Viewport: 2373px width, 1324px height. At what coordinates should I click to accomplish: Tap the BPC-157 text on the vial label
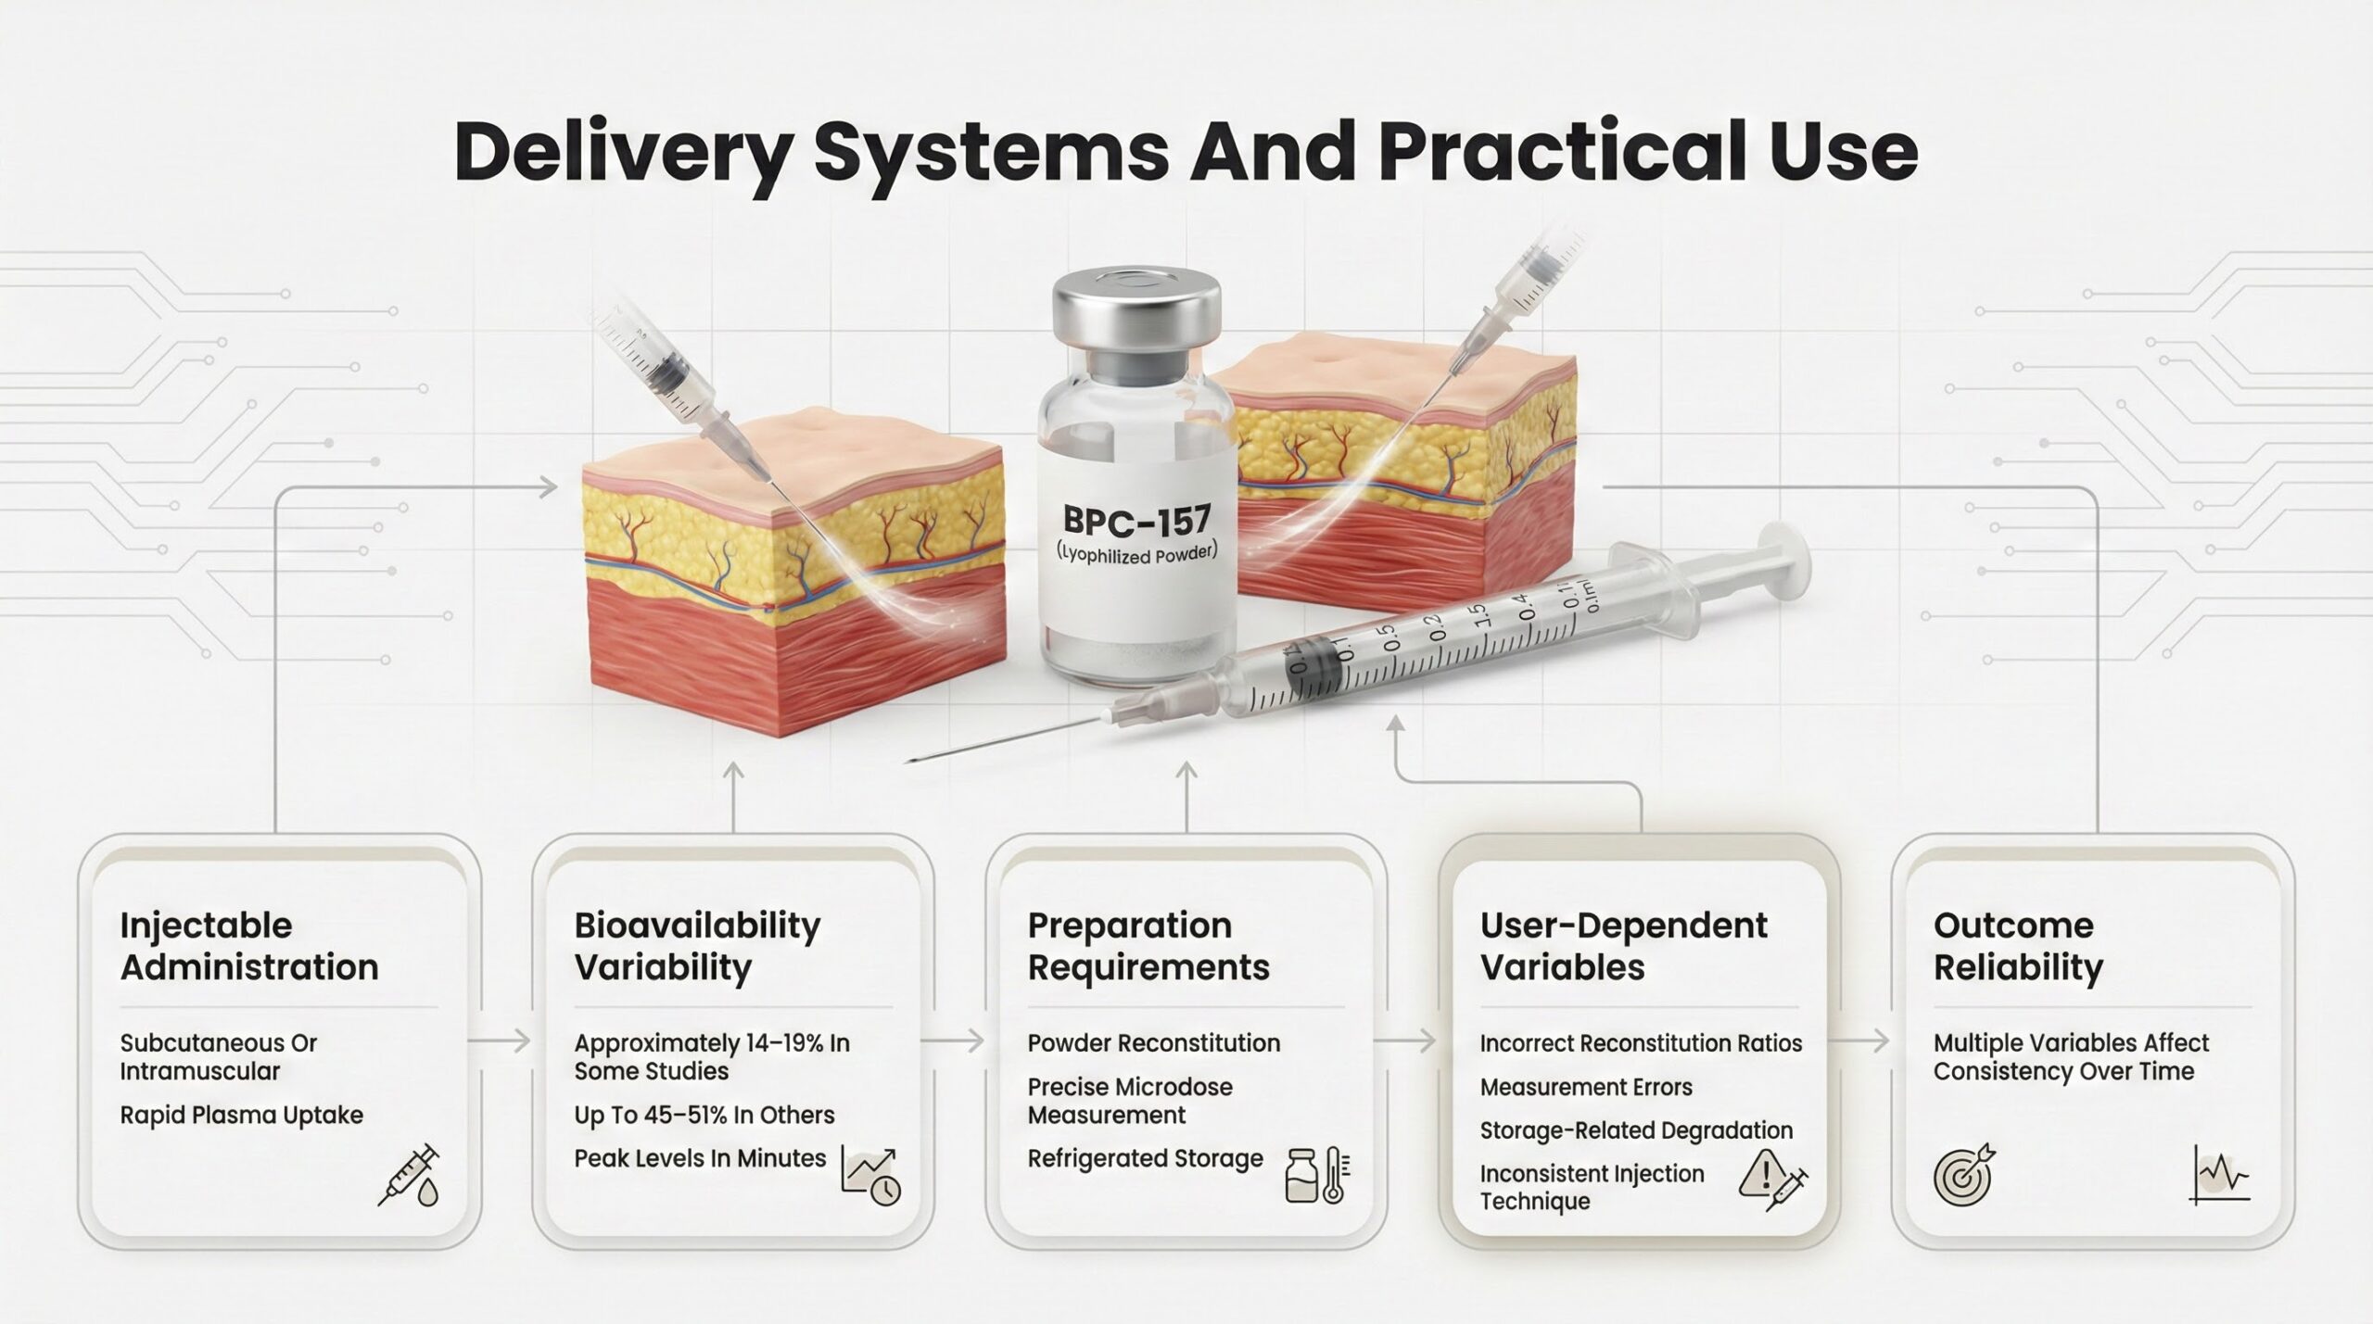[1137, 521]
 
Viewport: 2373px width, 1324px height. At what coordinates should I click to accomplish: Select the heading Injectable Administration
[249, 946]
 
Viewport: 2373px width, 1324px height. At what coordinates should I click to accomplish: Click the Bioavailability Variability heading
[697, 946]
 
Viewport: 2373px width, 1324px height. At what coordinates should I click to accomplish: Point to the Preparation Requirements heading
[1148, 946]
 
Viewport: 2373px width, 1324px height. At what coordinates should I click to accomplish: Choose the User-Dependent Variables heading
[1624, 946]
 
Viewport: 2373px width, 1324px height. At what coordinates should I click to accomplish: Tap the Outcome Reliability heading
[2018, 946]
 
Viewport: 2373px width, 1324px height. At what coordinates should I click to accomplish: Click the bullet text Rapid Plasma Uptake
[241, 1115]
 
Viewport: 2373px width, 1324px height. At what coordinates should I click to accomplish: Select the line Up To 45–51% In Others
[704, 1115]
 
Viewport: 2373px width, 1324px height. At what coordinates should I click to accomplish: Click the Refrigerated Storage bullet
[1145, 1158]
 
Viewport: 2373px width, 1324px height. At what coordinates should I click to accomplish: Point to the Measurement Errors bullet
[1586, 1087]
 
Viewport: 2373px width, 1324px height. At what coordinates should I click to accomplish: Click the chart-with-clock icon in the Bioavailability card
[870, 1175]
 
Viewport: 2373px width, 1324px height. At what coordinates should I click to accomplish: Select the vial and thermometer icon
[1318, 1175]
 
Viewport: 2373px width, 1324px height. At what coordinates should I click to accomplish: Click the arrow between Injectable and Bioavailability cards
[500, 1041]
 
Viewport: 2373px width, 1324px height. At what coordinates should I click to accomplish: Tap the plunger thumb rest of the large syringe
[1783, 562]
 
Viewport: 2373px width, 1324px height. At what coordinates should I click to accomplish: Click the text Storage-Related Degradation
[1636, 1130]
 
